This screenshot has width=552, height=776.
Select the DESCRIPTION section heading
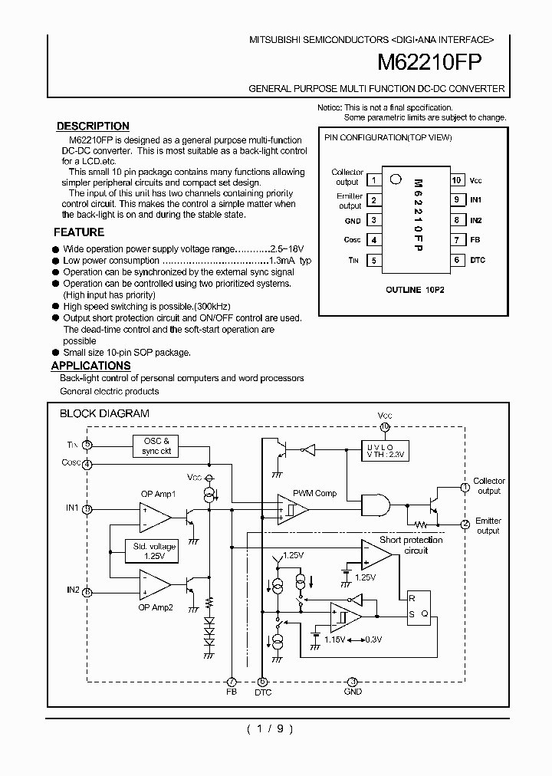click(x=93, y=126)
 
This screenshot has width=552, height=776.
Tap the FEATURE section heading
click(x=79, y=232)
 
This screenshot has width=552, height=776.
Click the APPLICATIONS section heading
click(x=91, y=366)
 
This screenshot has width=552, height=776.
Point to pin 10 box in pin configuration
click(x=456, y=180)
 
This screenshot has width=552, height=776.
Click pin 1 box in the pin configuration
click(x=373, y=180)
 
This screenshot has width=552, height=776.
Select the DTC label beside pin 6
click(x=478, y=260)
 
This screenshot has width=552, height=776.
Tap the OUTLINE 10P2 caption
click(x=413, y=290)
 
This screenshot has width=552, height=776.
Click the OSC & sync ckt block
click(x=156, y=446)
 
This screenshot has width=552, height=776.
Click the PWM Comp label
click(x=314, y=494)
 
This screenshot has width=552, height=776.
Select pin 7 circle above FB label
click(x=232, y=681)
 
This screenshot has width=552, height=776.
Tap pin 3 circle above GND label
click(x=352, y=681)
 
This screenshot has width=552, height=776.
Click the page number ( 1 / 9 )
click(x=269, y=729)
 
